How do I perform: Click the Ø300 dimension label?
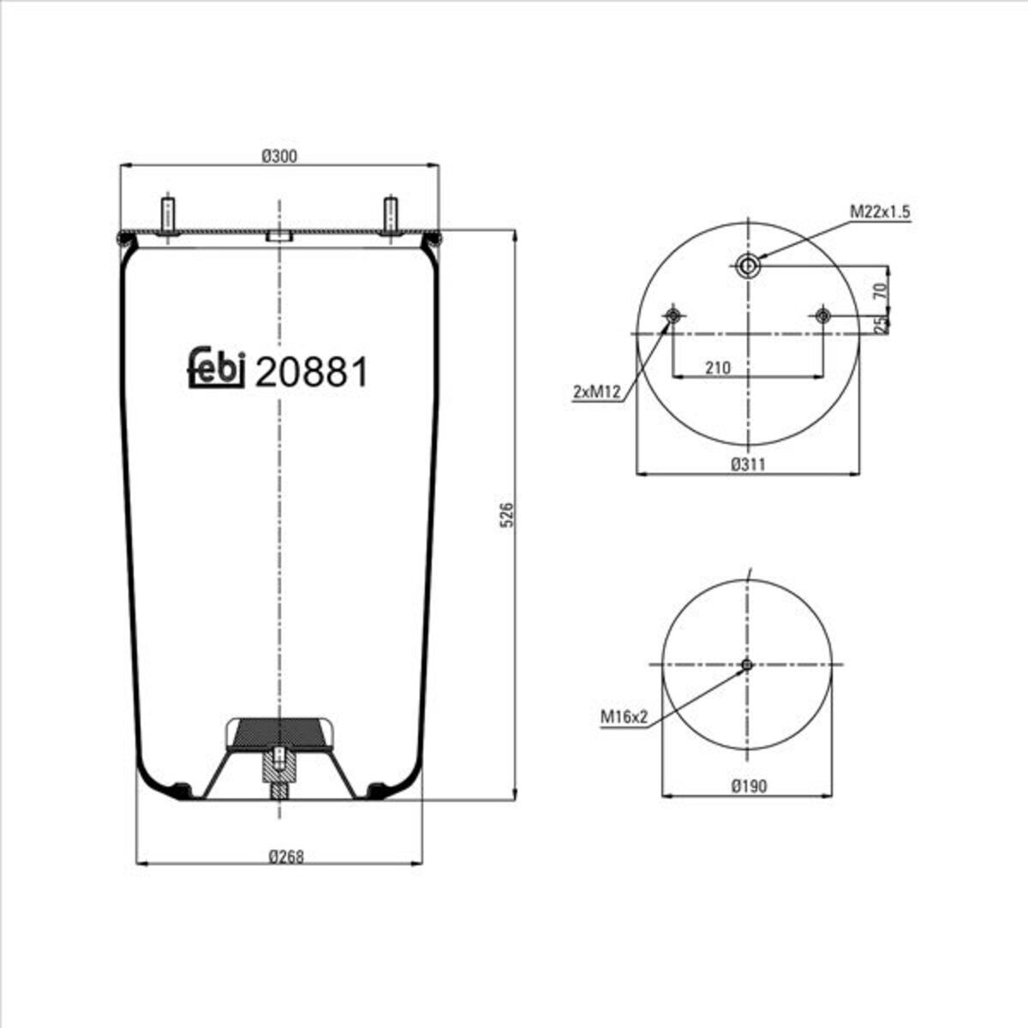279,156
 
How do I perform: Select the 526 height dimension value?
507,514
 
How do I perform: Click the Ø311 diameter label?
748,464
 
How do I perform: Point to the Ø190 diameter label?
749,786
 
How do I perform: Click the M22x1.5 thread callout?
880,212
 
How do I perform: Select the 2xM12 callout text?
596,392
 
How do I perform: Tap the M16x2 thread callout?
624,717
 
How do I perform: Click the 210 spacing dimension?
718,368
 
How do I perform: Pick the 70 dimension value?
882,290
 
